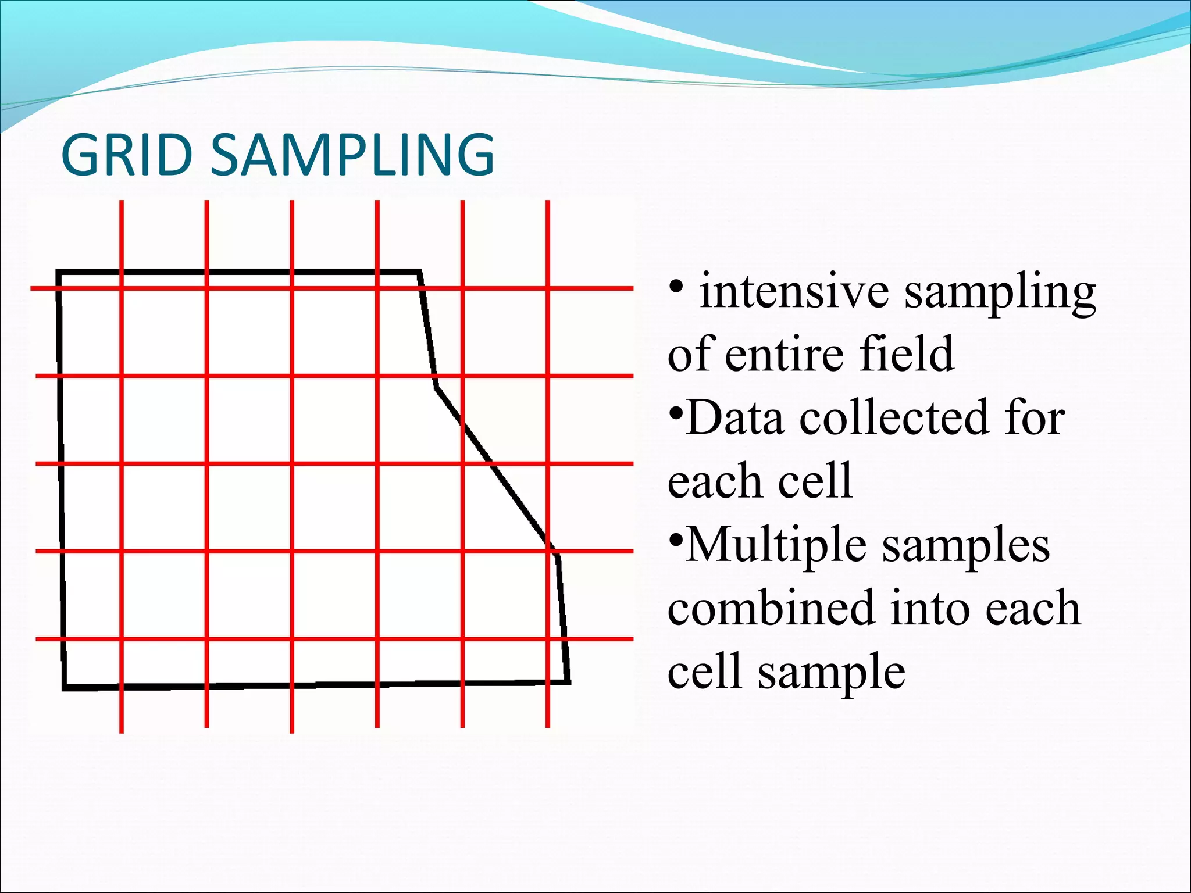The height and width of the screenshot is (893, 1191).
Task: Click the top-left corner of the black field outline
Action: (58, 272)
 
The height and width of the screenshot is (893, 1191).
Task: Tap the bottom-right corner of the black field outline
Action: (569, 681)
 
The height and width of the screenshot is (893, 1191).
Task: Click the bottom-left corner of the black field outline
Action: (65, 688)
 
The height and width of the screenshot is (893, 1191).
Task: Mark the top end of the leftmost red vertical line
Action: (122, 202)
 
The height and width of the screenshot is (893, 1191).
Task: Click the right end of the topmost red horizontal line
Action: (632, 288)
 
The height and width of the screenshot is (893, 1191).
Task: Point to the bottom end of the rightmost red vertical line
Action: (548, 726)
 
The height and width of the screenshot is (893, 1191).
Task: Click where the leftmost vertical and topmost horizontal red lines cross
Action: (122, 288)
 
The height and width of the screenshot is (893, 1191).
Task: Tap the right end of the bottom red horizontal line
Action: (632, 639)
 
